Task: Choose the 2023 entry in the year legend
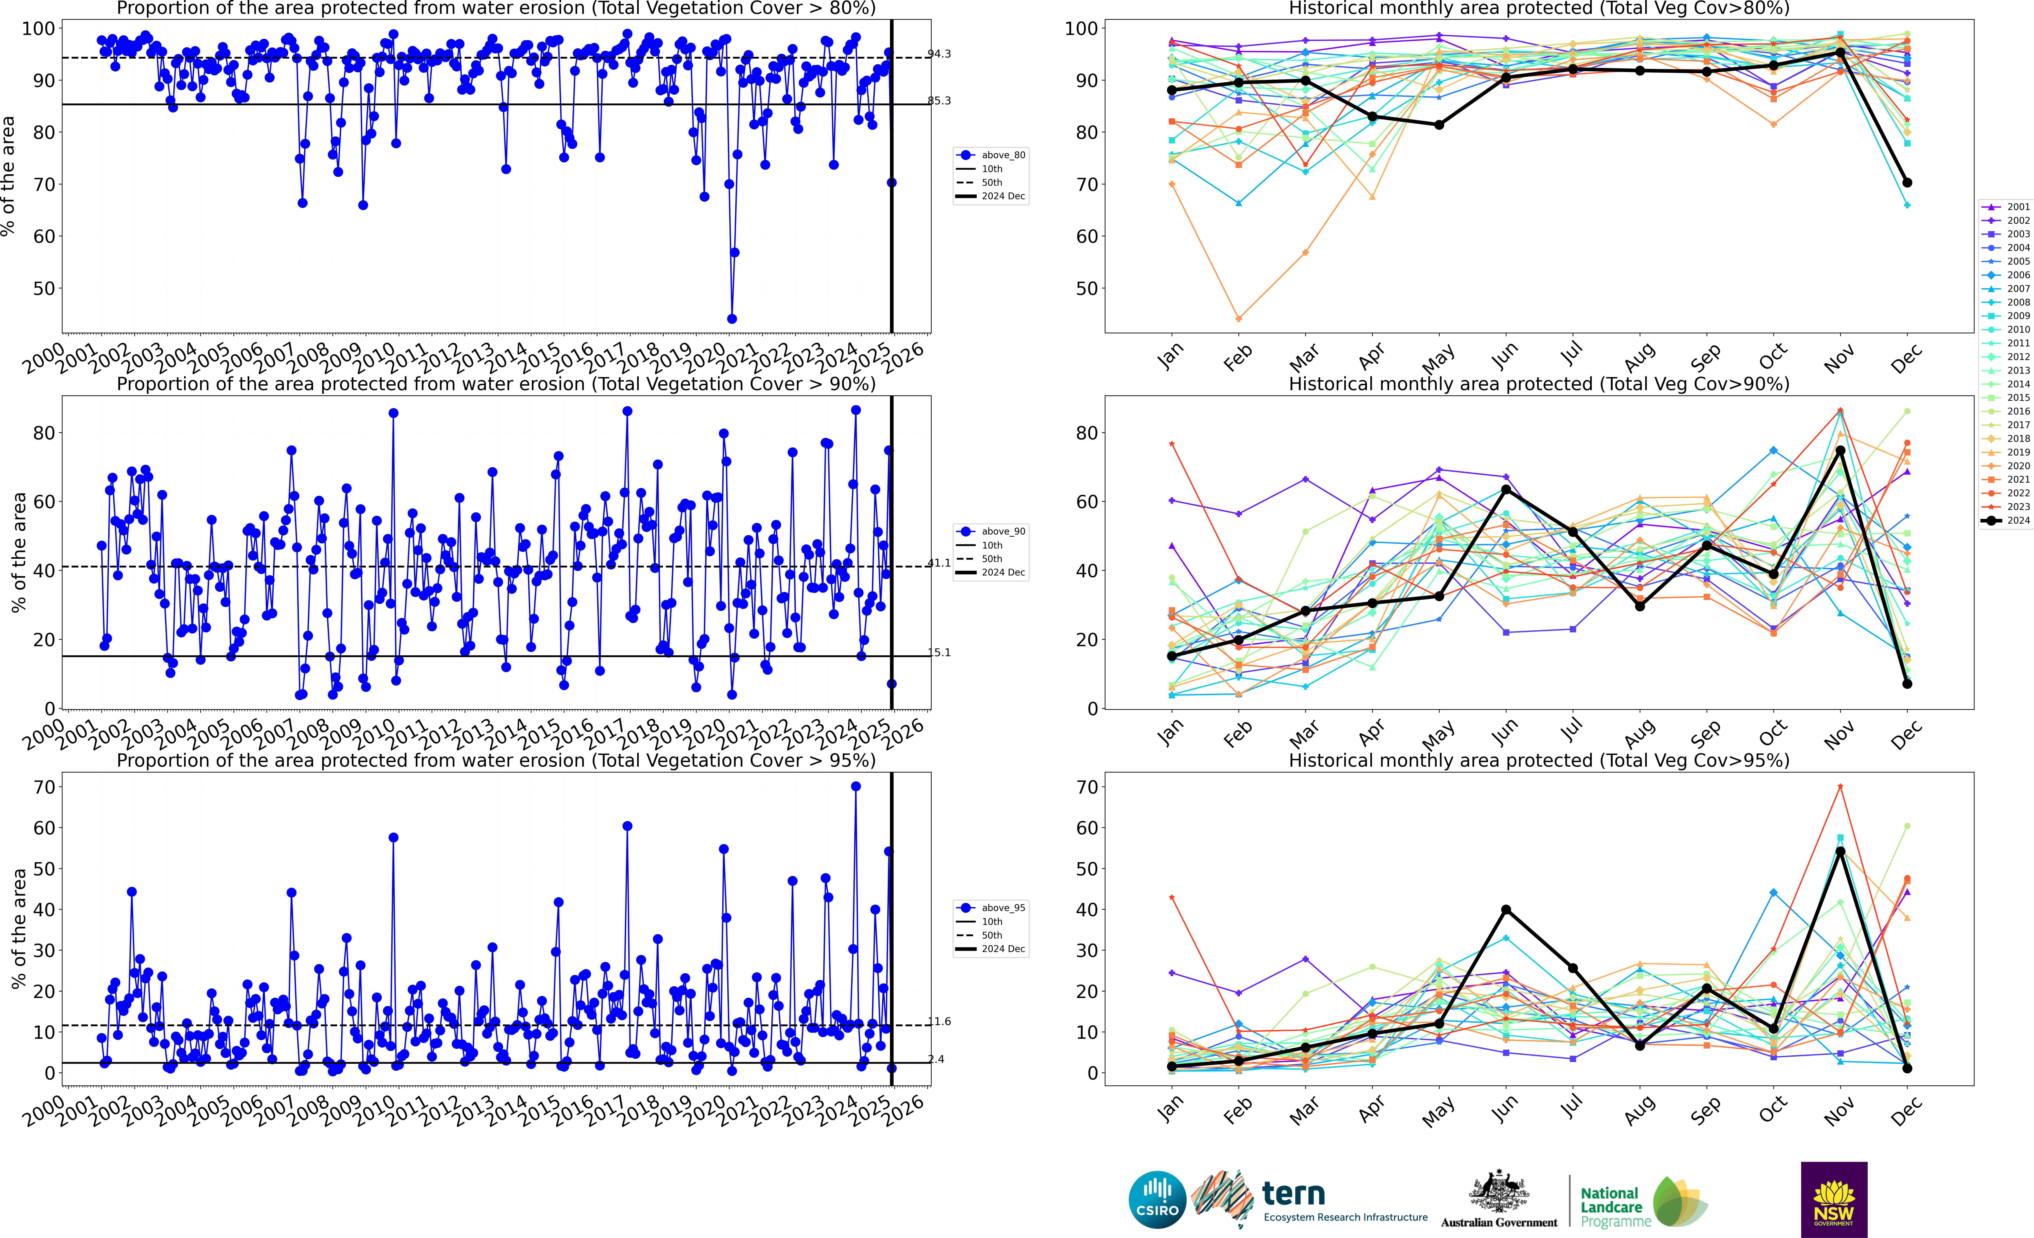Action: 2006,507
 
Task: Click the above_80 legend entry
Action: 992,155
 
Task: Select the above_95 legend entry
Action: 992,908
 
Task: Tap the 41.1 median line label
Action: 939,563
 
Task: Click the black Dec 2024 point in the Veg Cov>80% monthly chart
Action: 1907,182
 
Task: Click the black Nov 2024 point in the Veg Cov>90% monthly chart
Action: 1840,451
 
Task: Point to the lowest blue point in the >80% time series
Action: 731,319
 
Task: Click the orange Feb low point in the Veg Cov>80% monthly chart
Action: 1238,319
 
